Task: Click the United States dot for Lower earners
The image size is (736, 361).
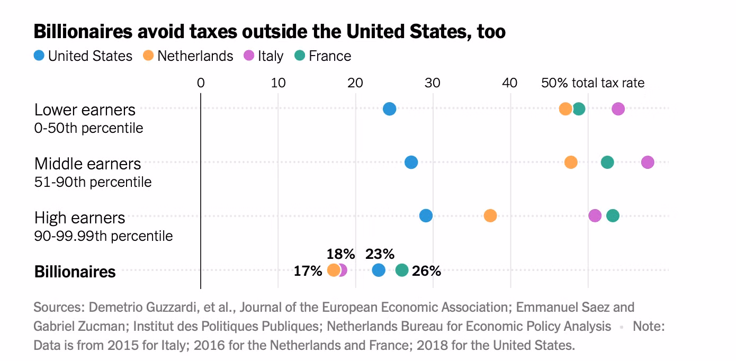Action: tap(389, 109)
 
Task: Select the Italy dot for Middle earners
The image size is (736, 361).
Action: tap(647, 163)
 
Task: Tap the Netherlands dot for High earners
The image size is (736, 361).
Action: tap(490, 216)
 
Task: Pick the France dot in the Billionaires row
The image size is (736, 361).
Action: tap(402, 270)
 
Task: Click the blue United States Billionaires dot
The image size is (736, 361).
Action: tap(378, 270)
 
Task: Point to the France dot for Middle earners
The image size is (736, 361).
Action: tap(607, 163)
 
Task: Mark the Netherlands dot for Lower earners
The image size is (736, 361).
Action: tap(566, 109)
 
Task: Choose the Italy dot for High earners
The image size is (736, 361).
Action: tap(595, 216)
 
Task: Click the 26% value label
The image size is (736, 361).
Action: tap(427, 271)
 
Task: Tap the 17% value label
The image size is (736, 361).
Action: tap(308, 271)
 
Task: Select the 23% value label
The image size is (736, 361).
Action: tap(380, 254)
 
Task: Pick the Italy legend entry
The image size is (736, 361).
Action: tap(264, 56)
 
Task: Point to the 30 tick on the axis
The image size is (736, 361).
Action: tap(433, 83)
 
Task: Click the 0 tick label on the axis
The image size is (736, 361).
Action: tap(201, 83)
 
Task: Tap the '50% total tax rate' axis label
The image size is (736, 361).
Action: tap(593, 83)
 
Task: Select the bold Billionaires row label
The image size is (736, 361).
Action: tap(75, 272)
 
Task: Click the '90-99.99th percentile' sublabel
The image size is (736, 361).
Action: tap(103, 236)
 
